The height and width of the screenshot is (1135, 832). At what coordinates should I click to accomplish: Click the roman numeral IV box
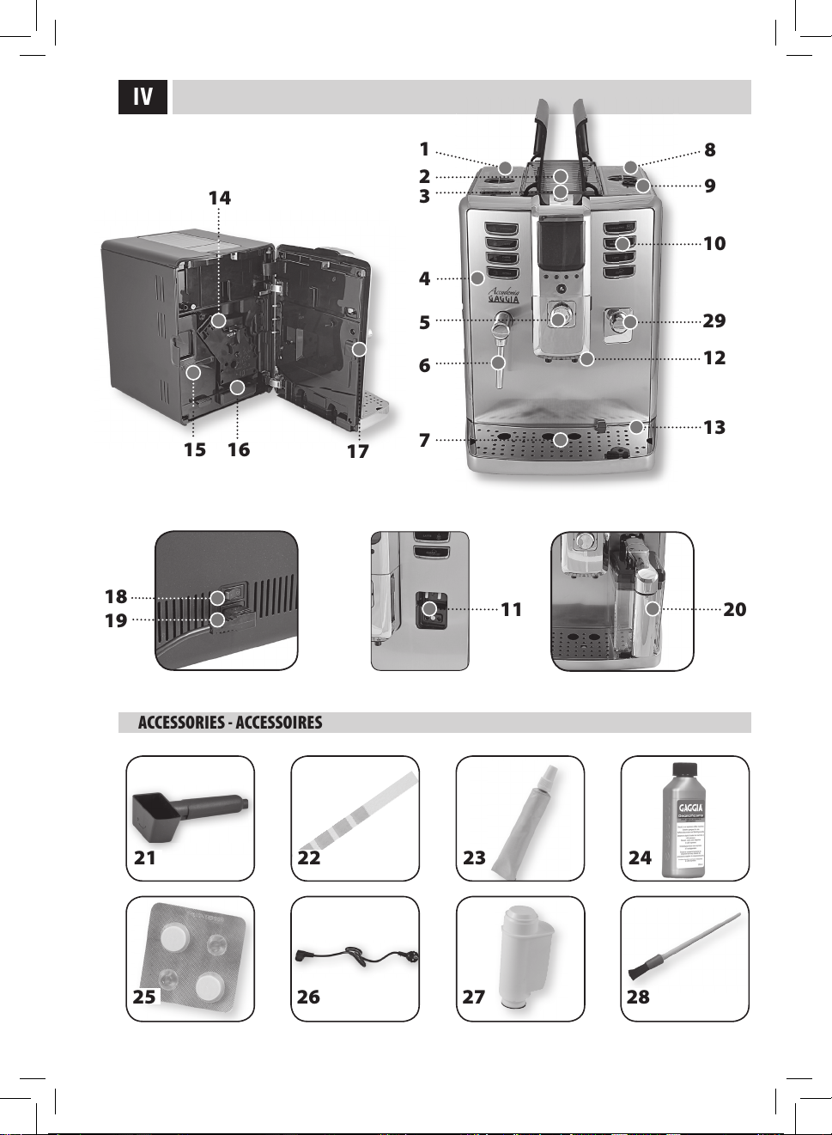tap(143, 97)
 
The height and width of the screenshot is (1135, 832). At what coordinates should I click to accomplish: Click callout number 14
tap(220, 198)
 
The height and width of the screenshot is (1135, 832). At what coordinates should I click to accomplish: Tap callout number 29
tap(714, 321)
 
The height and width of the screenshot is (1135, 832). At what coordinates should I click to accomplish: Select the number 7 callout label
tap(424, 441)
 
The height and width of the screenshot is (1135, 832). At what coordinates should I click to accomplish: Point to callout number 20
tap(735, 610)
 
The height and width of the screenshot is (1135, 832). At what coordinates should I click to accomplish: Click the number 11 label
tap(512, 610)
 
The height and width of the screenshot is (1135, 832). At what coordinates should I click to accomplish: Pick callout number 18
tap(116, 597)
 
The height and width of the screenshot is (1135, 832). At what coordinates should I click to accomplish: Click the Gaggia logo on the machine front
tap(504, 296)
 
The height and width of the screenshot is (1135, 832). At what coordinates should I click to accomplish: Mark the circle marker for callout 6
tap(499, 363)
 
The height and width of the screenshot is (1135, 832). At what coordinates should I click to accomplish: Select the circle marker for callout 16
tap(238, 387)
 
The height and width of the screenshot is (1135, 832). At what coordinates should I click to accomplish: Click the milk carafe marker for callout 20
tap(653, 609)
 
